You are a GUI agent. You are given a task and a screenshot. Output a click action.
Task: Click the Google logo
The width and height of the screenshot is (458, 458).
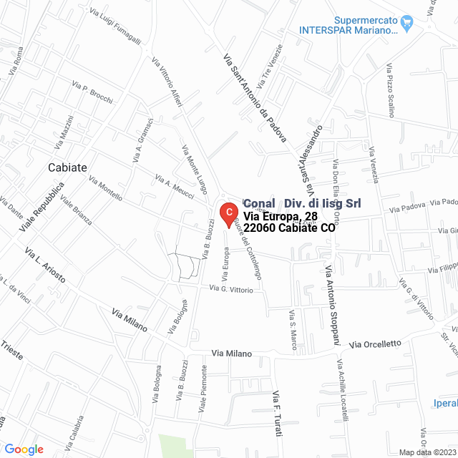(x=24, y=449)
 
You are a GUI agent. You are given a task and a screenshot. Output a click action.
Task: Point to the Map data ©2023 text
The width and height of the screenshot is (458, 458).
(x=427, y=452)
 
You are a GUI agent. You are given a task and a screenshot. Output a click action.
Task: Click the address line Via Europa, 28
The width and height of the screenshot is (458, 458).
(x=280, y=216)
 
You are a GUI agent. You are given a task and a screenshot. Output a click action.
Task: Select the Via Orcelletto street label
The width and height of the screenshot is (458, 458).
(x=375, y=344)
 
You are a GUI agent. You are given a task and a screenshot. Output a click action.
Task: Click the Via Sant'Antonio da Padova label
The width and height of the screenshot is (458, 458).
(x=254, y=97)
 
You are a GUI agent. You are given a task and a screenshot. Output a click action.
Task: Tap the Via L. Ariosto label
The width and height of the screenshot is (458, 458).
(x=45, y=265)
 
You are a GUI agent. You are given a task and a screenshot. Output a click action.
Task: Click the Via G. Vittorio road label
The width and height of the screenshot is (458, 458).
(x=231, y=290)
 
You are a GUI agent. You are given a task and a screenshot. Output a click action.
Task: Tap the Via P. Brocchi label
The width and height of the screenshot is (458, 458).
(x=92, y=94)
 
